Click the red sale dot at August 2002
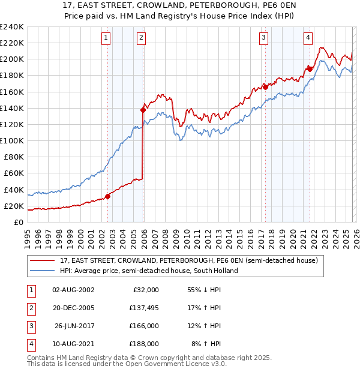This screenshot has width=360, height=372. click(107, 196)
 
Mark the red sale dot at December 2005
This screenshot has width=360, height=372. click(143, 110)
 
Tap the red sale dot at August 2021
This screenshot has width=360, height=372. click(310, 69)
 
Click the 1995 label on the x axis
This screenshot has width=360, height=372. click(28, 236)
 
